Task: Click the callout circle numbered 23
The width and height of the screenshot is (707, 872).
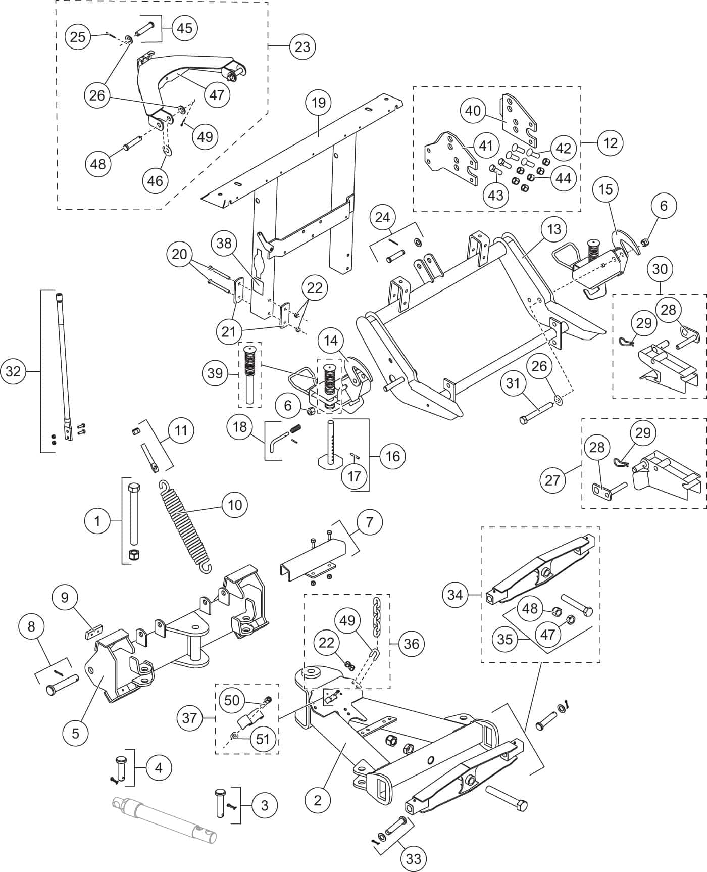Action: coord(302,47)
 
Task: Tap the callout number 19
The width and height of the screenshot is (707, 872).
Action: coord(319,103)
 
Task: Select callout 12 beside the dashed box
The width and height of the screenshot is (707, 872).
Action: coord(610,143)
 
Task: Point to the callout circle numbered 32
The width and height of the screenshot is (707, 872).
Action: coord(13,371)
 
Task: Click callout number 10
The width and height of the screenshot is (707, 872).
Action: coord(235,505)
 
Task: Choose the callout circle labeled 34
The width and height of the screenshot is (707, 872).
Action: coord(455,595)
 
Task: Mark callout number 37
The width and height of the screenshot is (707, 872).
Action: coord(190,717)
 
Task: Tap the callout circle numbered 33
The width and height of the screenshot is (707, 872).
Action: coord(414,858)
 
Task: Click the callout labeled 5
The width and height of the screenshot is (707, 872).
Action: coord(76,733)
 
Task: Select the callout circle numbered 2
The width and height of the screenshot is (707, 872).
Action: coord(318,800)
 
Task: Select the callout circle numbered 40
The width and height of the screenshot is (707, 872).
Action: coord(473,111)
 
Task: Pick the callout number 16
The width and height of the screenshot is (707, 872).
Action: coord(392,456)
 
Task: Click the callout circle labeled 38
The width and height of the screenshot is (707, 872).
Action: coord(224,244)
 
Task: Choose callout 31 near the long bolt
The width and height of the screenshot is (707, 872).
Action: coord(513,383)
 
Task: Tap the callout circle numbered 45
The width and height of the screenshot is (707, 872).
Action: coord(185,28)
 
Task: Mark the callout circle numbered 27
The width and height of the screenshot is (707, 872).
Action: coord(552,479)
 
